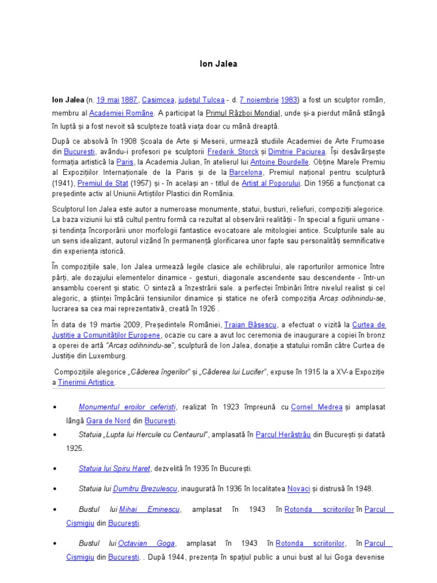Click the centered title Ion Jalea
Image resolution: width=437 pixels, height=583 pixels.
(218, 64)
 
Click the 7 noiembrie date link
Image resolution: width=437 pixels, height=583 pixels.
(258, 100)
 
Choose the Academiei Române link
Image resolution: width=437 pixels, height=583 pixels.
(121, 113)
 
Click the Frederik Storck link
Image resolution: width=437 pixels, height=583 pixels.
(233, 151)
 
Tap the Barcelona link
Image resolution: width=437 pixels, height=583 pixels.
(246, 173)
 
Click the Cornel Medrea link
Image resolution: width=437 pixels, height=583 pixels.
(316, 407)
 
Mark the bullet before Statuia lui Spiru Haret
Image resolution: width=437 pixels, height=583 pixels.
(54, 469)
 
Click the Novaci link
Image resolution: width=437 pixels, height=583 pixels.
(298, 488)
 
